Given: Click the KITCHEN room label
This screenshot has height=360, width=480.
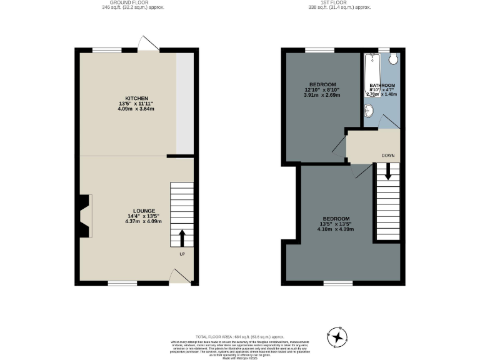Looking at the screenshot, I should coord(136,99).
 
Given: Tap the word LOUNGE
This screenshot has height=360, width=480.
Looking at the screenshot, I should coord(144,211).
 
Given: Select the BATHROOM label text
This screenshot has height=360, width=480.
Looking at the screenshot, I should coord(382,85).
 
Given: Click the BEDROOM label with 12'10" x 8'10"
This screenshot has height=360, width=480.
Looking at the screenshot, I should coord(322,85).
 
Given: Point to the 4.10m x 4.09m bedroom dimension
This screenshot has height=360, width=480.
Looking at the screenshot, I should coord(336,229).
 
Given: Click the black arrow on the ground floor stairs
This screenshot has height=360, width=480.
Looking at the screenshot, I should coord(182,238).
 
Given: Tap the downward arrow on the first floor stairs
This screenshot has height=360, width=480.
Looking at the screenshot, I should coord(388,171).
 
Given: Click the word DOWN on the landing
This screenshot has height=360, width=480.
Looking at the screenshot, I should coord(389,156).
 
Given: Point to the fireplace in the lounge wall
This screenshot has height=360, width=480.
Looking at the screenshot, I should coord(84,216).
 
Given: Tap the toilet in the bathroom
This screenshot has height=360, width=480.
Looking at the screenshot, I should coord(392,59).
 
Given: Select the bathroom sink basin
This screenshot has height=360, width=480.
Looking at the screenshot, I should coord(369,111).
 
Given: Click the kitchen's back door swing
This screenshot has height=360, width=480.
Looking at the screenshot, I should coord(149,44).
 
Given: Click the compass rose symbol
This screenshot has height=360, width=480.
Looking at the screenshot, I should coord(338,337).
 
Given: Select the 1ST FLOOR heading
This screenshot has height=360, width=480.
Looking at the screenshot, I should coord(339,3).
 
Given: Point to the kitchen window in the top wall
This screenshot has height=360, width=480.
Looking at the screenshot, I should coord(107,50).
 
